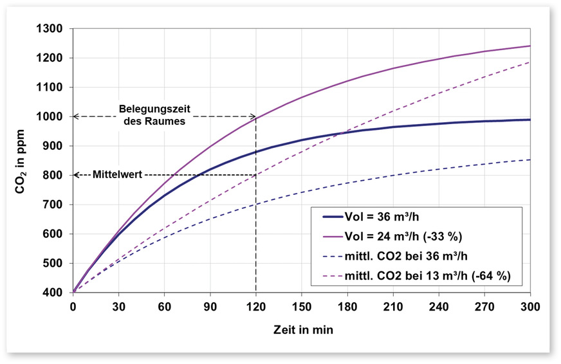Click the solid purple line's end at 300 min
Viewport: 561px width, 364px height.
point(530,46)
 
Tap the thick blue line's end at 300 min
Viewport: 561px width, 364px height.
point(530,120)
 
